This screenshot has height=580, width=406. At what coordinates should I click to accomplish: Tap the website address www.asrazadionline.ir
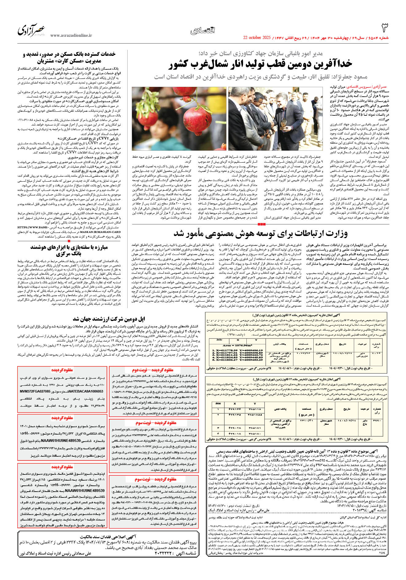[71, 36]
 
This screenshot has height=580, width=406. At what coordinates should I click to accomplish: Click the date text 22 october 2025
[257, 38]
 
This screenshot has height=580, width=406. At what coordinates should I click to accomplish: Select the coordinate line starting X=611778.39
[235, 350]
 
